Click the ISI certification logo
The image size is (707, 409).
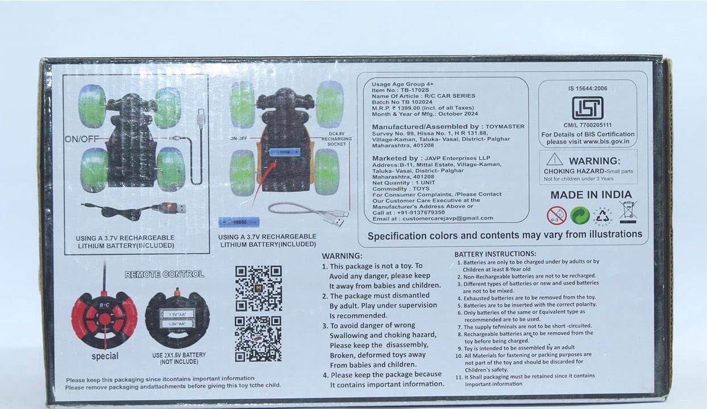click(587, 108)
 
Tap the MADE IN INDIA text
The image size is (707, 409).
click(591, 195)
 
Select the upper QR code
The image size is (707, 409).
click(258, 288)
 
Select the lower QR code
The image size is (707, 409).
click(258, 338)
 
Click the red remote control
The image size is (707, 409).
click(104, 319)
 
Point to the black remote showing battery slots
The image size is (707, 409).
click(177, 319)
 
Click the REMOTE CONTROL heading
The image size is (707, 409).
click(164, 274)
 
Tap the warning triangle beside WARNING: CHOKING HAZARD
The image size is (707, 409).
click(554, 159)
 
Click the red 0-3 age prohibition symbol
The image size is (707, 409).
click(556, 216)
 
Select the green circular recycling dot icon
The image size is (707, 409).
click(579, 216)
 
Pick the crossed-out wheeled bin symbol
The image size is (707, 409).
click(628, 212)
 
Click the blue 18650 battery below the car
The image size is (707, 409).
click(239, 222)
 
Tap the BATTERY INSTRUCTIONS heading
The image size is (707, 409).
click(495, 254)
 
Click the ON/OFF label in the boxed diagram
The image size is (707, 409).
click(81, 139)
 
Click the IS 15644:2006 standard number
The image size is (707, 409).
click(587, 89)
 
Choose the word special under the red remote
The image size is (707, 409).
click(105, 357)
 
